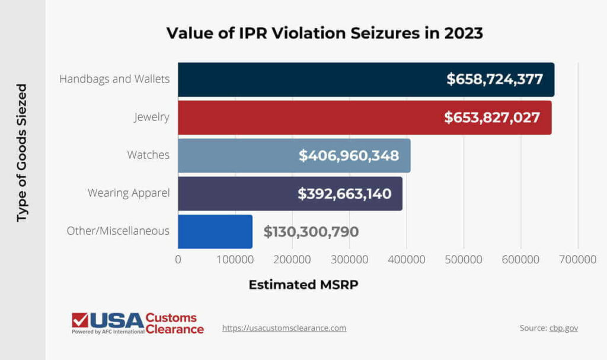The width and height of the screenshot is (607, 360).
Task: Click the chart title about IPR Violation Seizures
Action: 324,33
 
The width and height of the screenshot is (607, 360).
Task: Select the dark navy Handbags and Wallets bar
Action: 308,79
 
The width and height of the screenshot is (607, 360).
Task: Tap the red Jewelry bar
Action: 308,117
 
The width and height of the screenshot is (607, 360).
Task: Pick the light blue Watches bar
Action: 237,155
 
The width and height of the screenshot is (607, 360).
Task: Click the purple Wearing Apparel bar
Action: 237,193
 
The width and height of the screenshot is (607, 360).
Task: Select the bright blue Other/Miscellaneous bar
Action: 215,231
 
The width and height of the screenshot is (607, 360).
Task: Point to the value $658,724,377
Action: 494,79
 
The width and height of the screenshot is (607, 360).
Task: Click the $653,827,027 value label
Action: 492,117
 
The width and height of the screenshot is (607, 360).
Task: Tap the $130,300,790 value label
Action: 311,231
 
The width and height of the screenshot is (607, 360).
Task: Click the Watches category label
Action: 148,155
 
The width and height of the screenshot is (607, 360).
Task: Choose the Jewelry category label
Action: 151,117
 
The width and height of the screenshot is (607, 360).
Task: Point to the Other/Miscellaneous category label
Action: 118,231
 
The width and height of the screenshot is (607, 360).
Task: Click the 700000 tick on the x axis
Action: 578,259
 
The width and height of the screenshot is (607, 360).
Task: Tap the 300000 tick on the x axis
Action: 349,259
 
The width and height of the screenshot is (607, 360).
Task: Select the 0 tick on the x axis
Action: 178,259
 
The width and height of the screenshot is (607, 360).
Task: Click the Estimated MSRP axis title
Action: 303,285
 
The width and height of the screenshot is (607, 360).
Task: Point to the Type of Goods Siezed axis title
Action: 22,153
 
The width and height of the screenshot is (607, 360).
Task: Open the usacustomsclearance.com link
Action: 284,328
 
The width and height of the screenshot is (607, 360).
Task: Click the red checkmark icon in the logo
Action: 79,320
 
